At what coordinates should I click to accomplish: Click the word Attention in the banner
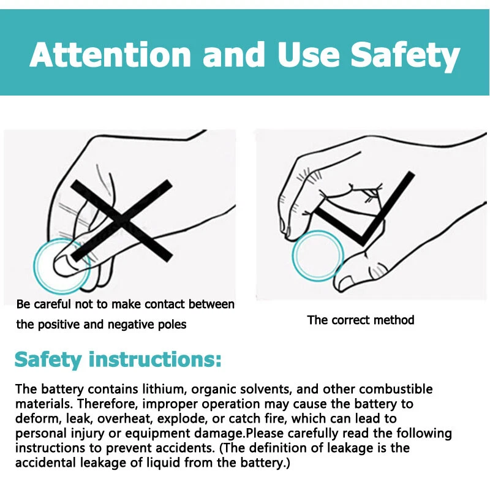pos(110,55)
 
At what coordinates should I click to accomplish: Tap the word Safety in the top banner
pos(405,56)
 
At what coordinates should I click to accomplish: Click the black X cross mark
pos(121,221)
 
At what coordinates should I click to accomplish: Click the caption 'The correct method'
pos(361,320)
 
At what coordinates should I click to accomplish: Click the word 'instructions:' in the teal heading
pos(155,360)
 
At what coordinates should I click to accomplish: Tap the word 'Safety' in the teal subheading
pos(48,360)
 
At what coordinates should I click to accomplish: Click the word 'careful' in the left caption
pos(52,304)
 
